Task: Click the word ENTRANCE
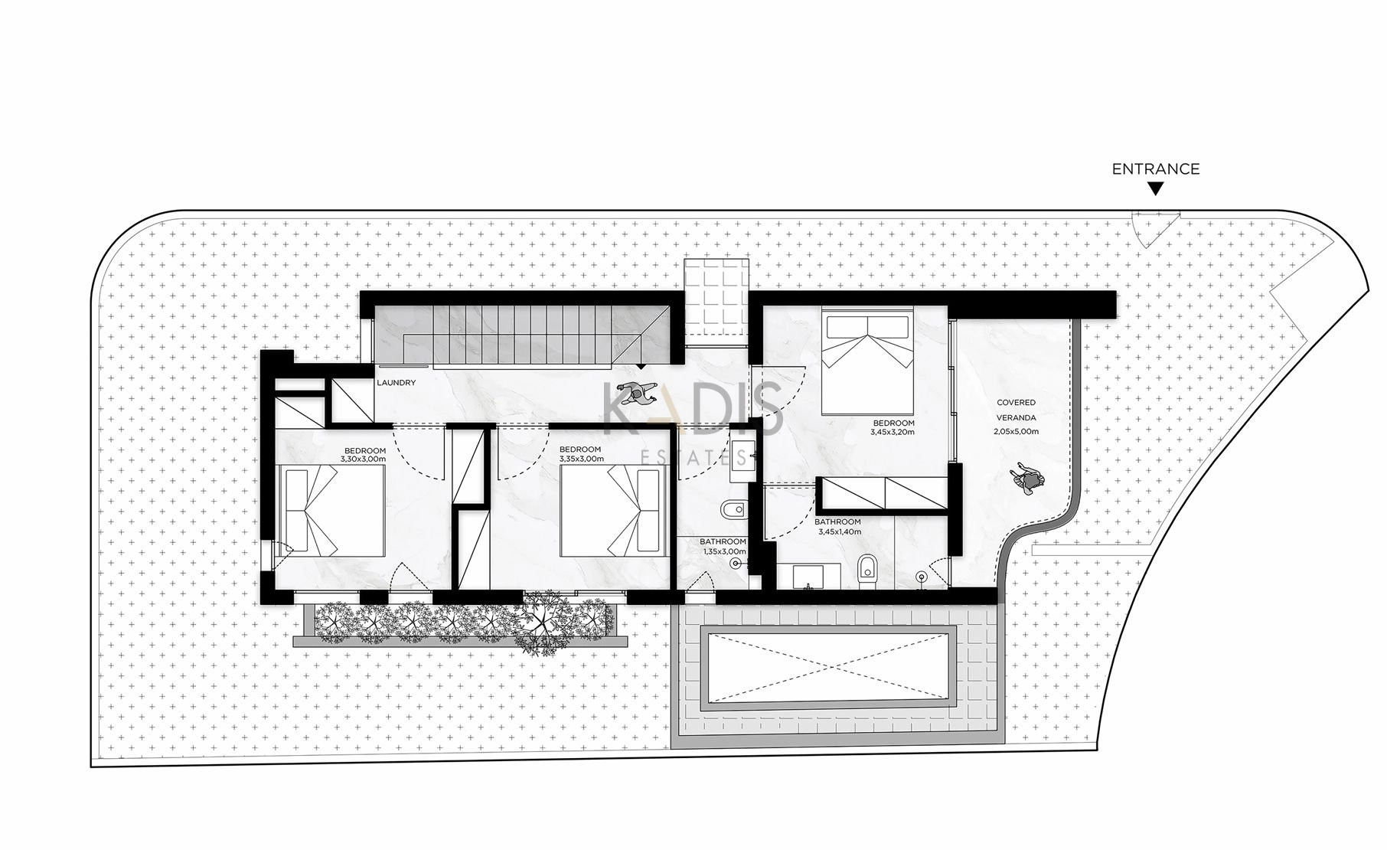(1156, 169)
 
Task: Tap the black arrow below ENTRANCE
(1156, 188)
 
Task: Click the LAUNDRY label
(397, 383)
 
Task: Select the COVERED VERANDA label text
(1016, 410)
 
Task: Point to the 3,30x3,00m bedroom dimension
(364, 459)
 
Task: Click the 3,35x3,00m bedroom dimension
(581, 459)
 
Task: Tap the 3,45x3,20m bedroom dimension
(893, 433)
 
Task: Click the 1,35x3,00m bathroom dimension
(723, 551)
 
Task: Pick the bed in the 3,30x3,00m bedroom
(334, 511)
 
